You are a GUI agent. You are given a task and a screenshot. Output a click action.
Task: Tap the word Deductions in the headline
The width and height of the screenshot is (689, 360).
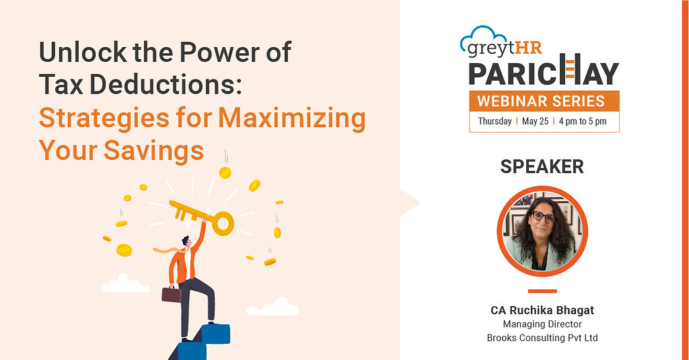coord(166,84)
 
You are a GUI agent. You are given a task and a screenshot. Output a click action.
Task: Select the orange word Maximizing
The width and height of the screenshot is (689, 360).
coord(292,119)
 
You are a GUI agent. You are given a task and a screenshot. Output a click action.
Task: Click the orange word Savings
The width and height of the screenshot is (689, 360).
coord(154,151)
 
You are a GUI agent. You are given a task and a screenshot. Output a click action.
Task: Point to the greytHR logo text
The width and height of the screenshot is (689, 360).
coord(504,48)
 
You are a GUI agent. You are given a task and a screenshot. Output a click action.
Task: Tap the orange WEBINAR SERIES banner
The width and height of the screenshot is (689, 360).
coord(544,101)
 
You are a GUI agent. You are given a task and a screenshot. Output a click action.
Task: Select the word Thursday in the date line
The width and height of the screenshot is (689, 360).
coord(495,121)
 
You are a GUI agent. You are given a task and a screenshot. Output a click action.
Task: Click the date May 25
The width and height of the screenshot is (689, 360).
coord(535,121)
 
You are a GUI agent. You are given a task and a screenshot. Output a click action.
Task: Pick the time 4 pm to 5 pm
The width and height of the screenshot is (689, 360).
coord(583,121)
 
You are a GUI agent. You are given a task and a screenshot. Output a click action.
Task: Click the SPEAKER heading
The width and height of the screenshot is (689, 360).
coord(542,167)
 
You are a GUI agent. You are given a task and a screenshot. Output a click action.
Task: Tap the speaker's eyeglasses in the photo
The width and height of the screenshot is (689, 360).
coord(543,216)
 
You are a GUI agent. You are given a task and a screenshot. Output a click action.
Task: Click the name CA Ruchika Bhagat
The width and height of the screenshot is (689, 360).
coord(542,310)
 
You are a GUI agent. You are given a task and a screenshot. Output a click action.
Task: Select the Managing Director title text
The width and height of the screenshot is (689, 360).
coord(542,324)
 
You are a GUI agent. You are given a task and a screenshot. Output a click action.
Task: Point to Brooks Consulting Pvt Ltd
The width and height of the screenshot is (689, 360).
coord(542,338)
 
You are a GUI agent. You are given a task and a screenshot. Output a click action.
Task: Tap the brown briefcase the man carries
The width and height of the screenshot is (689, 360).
coord(172,294)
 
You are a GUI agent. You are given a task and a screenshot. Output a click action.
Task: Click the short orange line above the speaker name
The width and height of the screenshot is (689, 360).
coord(542,291)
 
